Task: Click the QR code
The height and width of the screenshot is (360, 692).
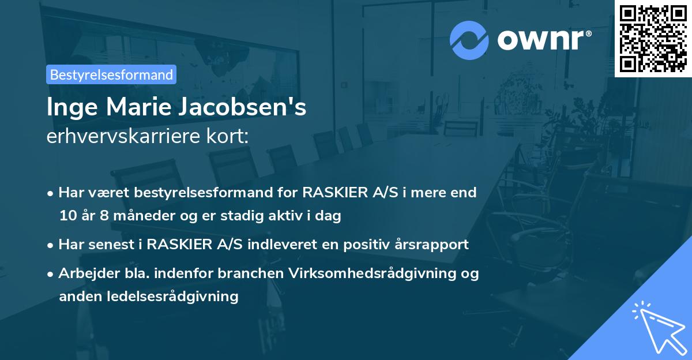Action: [x=653, y=39]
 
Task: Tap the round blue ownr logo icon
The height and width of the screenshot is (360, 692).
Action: [x=469, y=40]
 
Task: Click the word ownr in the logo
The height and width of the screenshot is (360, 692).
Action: [x=543, y=40]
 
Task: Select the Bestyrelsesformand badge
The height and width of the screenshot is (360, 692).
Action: [x=111, y=74]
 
